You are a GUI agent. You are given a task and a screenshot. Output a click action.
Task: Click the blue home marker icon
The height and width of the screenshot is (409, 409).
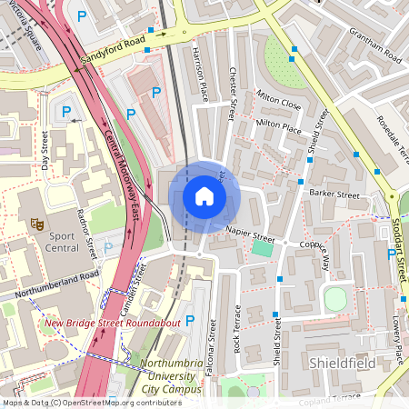(x=204, y=196)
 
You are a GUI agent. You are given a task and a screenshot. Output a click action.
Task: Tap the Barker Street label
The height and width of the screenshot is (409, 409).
(x=334, y=194)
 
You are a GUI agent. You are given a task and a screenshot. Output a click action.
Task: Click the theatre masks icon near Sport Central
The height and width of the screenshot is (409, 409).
(x=37, y=222)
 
